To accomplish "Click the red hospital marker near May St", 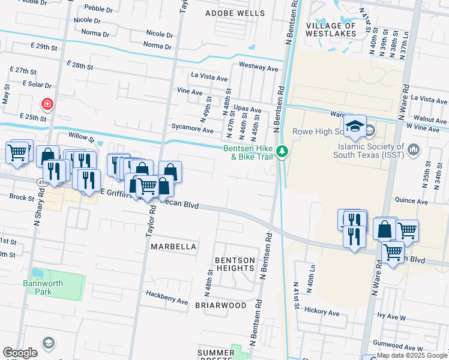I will (46, 104).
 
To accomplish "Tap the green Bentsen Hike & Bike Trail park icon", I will (282, 152).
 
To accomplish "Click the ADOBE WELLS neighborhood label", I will (235, 13).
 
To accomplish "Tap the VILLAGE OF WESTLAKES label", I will (339, 30).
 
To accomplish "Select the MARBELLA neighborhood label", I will (173, 247).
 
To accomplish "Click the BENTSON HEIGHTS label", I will (235, 265).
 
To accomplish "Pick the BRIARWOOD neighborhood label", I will (220, 305).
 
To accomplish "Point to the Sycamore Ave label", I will (192, 130).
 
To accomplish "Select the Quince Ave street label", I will (411, 202).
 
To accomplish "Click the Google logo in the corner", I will (20, 353).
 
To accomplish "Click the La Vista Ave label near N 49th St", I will (209, 77).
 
